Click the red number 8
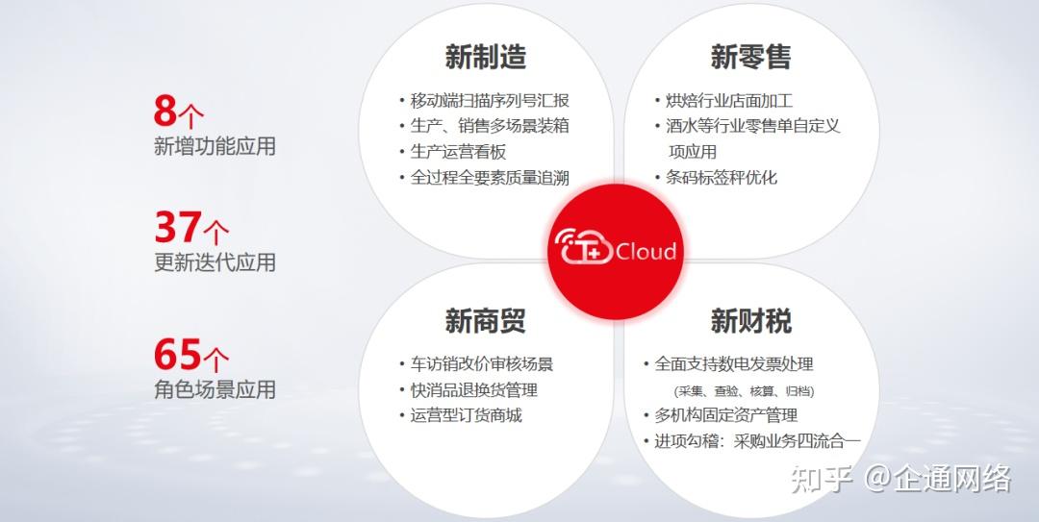tap(165, 112)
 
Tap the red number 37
tap(178, 227)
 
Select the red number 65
tap(178, 355)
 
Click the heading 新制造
tap(485, 57)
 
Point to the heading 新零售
tap(750, 57)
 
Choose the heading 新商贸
tap(485, 320)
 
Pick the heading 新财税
tap(750, 320)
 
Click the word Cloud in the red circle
tap(646, 252)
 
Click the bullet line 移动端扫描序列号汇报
tap(490, 101)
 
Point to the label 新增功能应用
tap(215, 146)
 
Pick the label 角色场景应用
tap(215, 389)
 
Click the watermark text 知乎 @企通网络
tap(900, 478)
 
